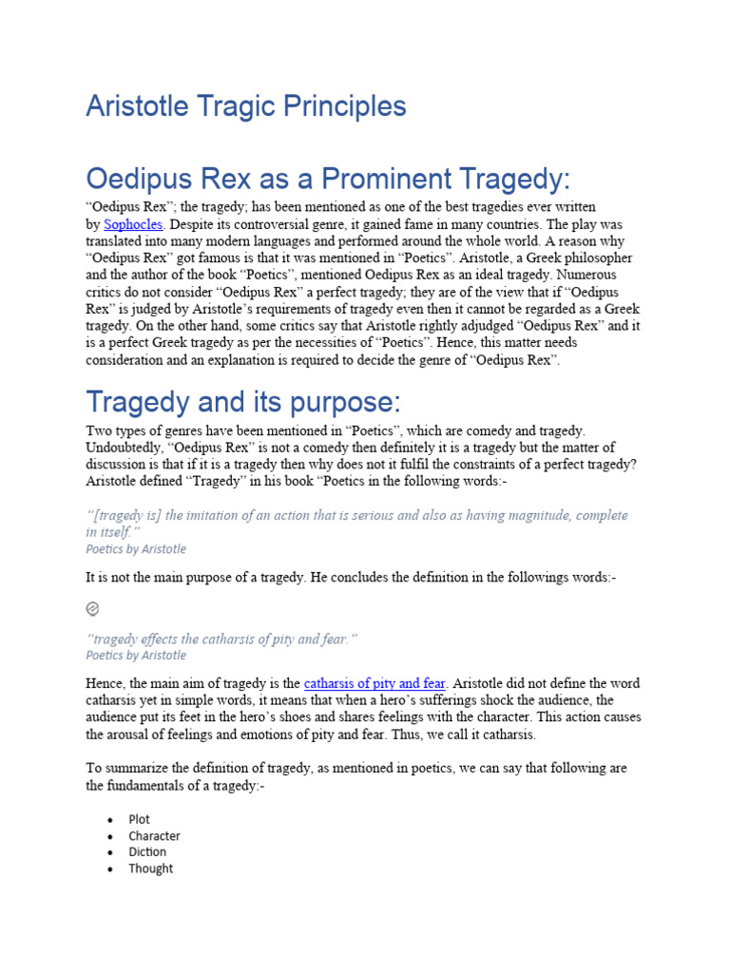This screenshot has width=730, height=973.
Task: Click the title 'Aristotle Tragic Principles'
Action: coord(245,106)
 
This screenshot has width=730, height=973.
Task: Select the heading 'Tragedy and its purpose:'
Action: coord(243,400)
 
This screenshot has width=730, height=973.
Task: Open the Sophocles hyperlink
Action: coord(133,224)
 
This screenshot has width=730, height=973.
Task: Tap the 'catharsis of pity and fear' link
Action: coord(375,683)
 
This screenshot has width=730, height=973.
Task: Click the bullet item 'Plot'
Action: coord(139,819)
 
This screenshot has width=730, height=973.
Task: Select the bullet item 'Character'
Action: coord(154,836)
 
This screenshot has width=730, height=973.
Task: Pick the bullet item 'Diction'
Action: coord(147,852)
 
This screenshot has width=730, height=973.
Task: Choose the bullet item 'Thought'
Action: coord(151,868)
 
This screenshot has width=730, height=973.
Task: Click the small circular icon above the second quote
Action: coord(92,608)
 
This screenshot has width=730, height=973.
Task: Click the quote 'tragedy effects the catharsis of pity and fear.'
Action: coord(221,639)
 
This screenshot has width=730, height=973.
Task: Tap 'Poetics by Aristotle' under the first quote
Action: coord(136,549)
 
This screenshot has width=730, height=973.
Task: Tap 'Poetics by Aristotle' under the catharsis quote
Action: coord(136,655)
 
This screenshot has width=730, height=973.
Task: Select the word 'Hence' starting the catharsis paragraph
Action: coord(104,683)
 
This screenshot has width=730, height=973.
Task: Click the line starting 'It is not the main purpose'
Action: coord(351,577)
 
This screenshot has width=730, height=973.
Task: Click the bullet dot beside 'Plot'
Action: coord(110,820)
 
